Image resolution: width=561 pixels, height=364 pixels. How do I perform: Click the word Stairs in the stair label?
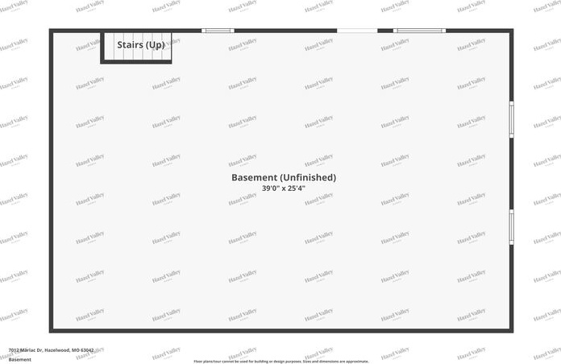tap(131, 44)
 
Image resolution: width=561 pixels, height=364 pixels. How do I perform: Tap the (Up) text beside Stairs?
tap(156, 44)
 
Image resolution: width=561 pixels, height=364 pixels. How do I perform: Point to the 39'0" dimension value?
tap(271, 188)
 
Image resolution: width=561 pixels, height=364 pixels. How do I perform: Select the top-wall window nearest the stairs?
tap(218, 31)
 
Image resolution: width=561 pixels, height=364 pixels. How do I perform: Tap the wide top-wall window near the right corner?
tap(419, 31)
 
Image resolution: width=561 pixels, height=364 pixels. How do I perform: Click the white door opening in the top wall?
tap(356, 31)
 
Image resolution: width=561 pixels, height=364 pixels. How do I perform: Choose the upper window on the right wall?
tap(511, 119)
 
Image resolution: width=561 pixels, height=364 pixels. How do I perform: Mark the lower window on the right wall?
tap(511, 227)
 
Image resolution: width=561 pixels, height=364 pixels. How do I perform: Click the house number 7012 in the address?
tap(13, 350)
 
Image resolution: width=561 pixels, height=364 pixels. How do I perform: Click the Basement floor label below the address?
tap(19, 359)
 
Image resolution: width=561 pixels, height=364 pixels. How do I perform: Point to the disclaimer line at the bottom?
tap(280, 362)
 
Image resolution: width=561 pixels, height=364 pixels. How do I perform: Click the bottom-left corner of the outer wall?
tap(51, 329)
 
